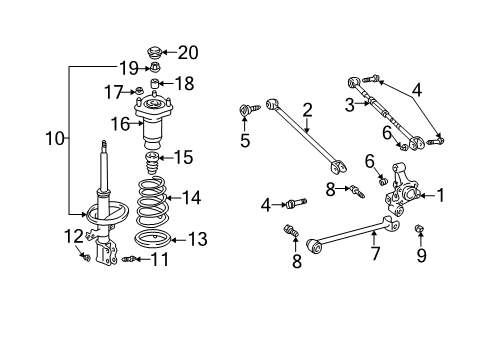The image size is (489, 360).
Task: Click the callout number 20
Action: click(x=188, y=52)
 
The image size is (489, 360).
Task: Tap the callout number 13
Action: click(x=198, y=239)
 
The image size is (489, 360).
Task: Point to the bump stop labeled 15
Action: click(x=152, y=162)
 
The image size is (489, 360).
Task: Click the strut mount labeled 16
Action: click(x=154, y=120)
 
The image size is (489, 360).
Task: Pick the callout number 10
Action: click(x=55, y=138)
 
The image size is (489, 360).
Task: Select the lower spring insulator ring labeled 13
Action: click(x=153, y=239)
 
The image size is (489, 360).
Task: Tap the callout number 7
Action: click(x=375, y=254)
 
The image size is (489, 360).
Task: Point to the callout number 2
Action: click(x=307, y=110)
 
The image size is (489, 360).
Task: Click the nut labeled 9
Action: click(x=420, y=228)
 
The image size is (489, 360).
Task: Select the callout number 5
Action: click(x=245, y=140)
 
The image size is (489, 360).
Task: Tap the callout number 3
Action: click(x=350, y=105)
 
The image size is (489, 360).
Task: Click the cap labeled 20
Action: click(x=154, y=52)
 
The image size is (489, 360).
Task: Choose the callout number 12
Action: click(x=73, y=236)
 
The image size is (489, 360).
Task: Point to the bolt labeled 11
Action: click(x=129, y=259)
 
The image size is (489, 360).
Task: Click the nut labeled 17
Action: click(x=140, y=90)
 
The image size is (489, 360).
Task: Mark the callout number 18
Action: click(x=185, y=83)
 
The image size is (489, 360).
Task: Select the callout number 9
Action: click(x=421, y=255)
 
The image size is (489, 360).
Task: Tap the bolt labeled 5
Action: click(x=249, y=110)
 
